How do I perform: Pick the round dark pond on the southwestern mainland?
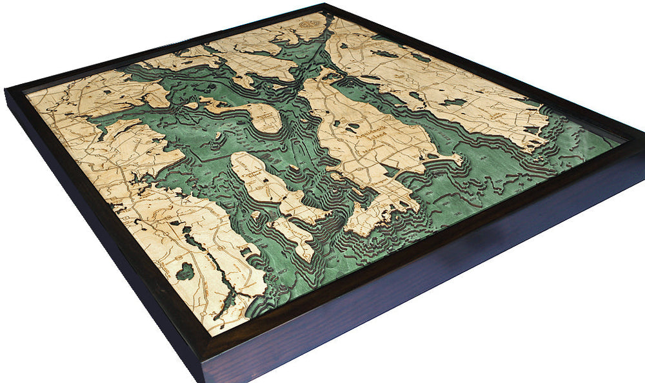click(x=185, y=271)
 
